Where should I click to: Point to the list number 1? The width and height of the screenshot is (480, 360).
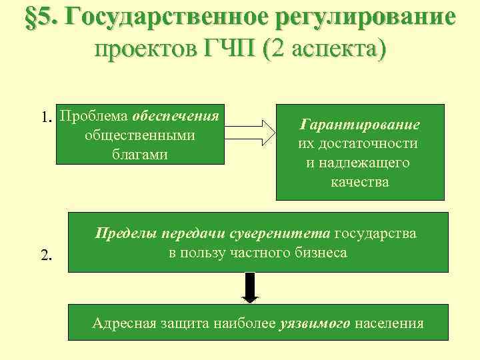click(x=46, y=118)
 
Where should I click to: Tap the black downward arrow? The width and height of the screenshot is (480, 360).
click(x=250, y=287)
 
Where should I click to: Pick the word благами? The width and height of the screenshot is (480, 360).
click(x=140, y=154)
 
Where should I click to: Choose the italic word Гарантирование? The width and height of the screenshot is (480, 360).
click(x=359, y=125)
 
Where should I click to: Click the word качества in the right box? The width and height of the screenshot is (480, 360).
click(x=359, y=181)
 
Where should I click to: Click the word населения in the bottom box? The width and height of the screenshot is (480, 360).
click(x=389, y=324)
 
